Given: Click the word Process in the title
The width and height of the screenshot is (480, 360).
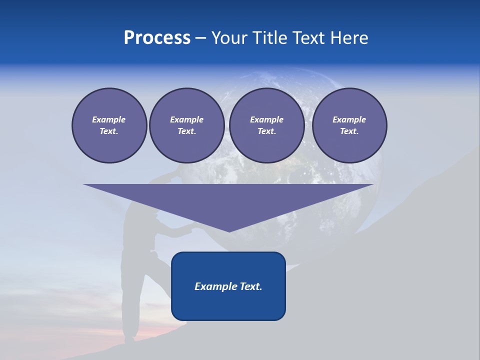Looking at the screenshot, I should point(157,38).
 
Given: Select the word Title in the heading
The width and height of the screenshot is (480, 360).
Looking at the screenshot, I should point(270,38).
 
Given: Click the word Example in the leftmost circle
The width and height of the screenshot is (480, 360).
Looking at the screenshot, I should point(109,119).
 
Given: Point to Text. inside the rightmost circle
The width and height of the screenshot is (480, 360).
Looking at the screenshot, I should point(349,131).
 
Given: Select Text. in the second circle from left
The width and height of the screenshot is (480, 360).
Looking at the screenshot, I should point(186,131).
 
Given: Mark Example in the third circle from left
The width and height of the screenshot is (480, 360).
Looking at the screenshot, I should point(266,119).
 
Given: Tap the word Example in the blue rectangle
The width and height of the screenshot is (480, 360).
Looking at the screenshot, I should point(214,286).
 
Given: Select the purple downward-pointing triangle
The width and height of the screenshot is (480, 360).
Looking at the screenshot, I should point(228,200).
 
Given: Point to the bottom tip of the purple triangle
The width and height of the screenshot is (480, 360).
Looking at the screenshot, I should point(229,231).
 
